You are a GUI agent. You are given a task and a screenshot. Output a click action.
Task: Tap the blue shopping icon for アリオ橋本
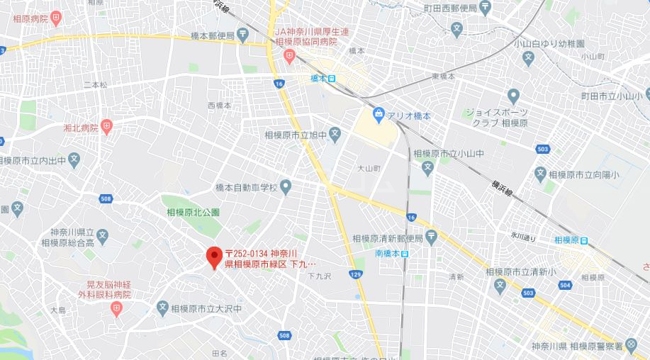click(379, 113)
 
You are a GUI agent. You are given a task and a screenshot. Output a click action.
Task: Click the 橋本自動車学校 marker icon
click(286, 187)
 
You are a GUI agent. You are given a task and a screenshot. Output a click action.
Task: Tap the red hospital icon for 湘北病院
click(107, 128)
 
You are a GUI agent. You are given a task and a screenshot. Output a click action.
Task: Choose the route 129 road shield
click(356, 274)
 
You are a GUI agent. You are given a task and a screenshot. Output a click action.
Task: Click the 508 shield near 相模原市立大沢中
click(285, 335)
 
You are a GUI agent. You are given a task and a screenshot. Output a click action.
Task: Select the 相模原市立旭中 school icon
click(335, 133)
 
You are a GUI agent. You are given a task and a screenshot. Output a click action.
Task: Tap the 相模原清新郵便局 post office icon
click(431, 237)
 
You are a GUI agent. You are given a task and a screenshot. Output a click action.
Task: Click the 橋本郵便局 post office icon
click(243, 33)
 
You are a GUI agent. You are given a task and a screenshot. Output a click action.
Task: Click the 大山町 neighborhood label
click(369, 169)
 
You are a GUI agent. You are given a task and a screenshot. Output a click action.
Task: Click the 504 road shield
click(564, 285)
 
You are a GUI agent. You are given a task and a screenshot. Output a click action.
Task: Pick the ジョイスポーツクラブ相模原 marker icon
click(513, 96)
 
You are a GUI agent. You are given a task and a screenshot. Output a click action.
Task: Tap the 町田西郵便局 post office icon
click(485, 7)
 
